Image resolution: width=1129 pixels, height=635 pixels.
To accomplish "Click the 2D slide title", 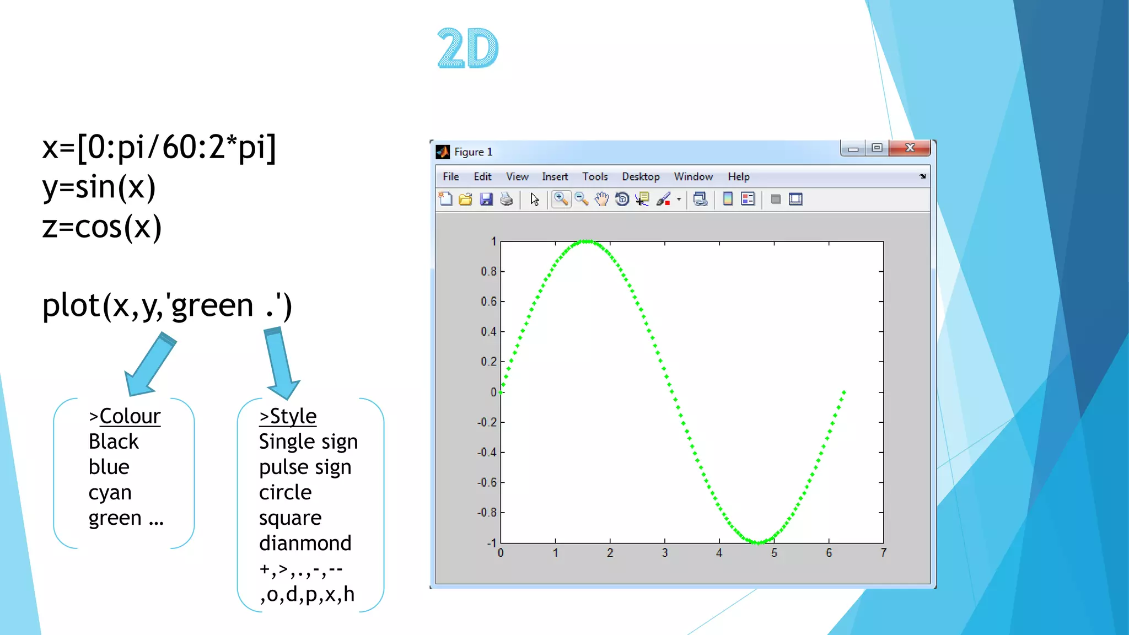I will (x=467, y=49).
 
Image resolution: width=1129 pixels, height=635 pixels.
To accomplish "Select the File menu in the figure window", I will (x=450, y=176).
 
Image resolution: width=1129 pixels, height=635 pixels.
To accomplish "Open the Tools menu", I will (x=595, y=176).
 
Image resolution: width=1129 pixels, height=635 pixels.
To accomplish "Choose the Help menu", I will (x=738, y=176).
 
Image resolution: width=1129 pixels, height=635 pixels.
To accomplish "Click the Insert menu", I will (x=555, y=176).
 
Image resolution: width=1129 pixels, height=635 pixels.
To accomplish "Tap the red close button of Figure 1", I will (x=910, y=148).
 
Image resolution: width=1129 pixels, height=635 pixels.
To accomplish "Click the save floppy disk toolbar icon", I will (x=486, y=199).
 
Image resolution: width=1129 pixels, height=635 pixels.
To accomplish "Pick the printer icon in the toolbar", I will (x=506, y=199).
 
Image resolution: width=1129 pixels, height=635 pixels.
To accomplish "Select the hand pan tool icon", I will (x=601, y=199).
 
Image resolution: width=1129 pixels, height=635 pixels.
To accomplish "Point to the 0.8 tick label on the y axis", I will (x=488, y=271).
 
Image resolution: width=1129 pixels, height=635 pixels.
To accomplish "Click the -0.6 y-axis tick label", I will (x=487, y=482).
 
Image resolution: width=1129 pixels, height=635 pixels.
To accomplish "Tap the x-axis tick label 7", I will (x=883, y=553).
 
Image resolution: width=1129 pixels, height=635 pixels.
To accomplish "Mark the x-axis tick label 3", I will (x=664, y=553).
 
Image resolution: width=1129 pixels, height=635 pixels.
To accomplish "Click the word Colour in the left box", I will (x=130, y=416).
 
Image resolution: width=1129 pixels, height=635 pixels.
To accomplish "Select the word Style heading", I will (x=293, y=416).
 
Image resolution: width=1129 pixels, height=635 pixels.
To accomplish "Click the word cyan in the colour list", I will (x=110, y=492).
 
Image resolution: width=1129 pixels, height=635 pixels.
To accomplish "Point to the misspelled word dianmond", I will (x=305, y=543).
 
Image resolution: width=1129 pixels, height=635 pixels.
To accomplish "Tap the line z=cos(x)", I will (x=102, y=227).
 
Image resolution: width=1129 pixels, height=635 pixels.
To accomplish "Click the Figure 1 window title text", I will (x=473, y=152).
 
